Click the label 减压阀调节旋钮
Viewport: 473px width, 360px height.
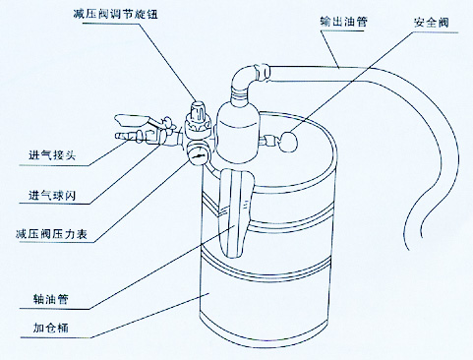point(115,14)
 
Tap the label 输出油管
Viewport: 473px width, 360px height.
point(343,22)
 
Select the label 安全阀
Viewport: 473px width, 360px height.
point(431,23)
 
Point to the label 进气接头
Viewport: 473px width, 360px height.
point(52,154)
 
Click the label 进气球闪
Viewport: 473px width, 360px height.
point(52,196)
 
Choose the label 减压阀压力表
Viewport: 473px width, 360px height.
point(51,234)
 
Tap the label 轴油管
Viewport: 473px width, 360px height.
point(50,299)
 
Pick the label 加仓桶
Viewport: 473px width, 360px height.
point(50,328)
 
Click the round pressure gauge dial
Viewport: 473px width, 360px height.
point(198,154)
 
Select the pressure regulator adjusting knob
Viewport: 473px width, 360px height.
point(199,111)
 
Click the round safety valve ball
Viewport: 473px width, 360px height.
point(288,142)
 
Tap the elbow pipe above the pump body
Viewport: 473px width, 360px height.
point(243,78)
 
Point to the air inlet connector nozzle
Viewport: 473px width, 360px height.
point(126,136)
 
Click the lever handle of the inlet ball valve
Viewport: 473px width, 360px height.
point(132,120)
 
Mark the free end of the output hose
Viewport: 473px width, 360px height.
point(409,248)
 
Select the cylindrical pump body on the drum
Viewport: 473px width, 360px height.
point(237,131)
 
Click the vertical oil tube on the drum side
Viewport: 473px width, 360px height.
point(235,213)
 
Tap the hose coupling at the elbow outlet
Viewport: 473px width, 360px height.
point(263,73)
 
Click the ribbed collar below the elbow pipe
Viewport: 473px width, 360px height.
point(239,94)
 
